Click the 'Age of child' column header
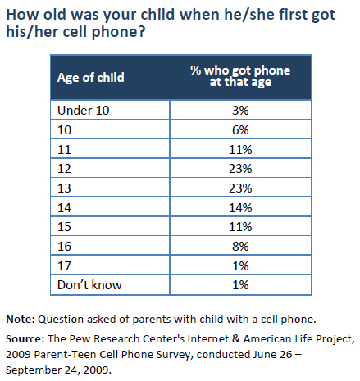pyautogui.click(x=90, y=78)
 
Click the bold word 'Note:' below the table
pyautogui.click(x=20, y=319)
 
